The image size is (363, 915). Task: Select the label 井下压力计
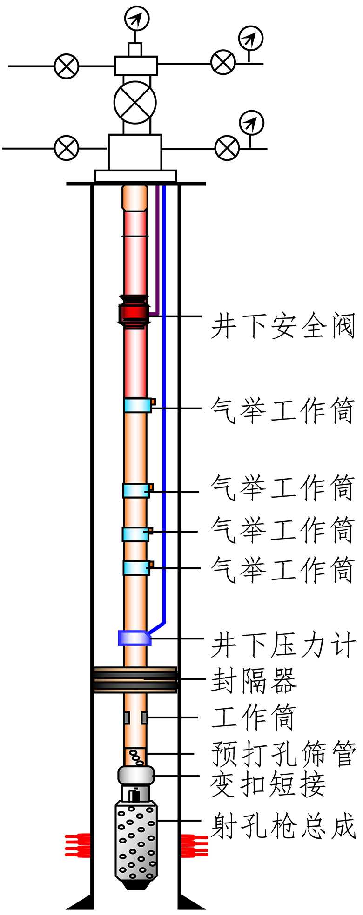tap(283, 645)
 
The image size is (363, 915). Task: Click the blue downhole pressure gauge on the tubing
tap(134, 638)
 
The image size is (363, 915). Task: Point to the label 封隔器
tap(254, 681)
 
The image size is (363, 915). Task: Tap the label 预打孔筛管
tap(283, 753)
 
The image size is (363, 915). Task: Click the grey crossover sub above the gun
tap(136, 775)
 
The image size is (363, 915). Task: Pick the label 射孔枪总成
tap(283, 826)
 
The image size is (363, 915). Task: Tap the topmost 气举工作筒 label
tap(283, 410)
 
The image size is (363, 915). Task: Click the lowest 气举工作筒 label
tap(283, 569)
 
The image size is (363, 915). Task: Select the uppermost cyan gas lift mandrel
tap(137, 405)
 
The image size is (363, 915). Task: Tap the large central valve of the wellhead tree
tap(135, 103)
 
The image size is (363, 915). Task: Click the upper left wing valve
tap(67, 66)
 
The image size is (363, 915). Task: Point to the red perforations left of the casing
tap(77, 845)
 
